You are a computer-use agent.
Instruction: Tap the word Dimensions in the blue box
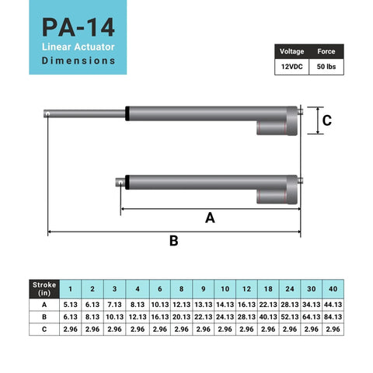pyautogui.click(x=79, y=60)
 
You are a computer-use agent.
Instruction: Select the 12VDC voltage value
pyautogui.click(x=292, y=68)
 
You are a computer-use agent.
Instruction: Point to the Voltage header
pyautogui.click(x=292, y=52)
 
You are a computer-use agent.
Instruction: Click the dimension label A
pyautogui.click(x=209, y=218)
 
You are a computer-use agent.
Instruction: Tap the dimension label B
pyautogui.click(x=174, y=241)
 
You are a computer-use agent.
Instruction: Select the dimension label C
pyautogui.click(x=327, y=120)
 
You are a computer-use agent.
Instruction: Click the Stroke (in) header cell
pyautogui.click(x=44, y=288)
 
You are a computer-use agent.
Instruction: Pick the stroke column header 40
pyautogui.click(x=333, y=288)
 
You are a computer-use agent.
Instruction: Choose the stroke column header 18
pyautogui.click(x=268, y=288)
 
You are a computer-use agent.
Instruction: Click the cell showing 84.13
pyautogui.click(x=333, y=317)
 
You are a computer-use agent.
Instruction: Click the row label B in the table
pyautogui.click(x=44, y=317)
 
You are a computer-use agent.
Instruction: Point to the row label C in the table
pyautogui.click(x=44, y=329)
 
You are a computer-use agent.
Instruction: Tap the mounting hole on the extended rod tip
pyautogui.click(x=48, y=113)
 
